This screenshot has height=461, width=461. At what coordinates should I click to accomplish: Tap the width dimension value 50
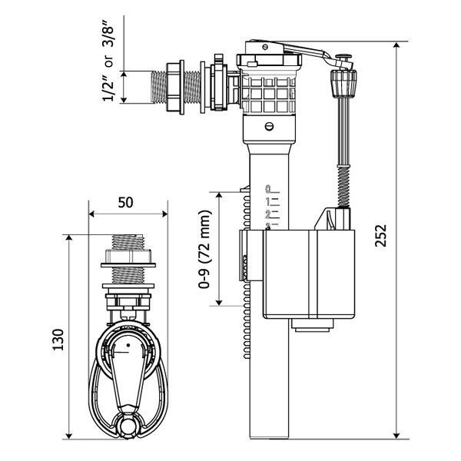tap(128, 203)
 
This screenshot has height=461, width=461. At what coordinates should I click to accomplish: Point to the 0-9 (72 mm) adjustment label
tap(205, 248)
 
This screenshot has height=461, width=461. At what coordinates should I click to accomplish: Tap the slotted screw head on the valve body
tap(269, 126)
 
